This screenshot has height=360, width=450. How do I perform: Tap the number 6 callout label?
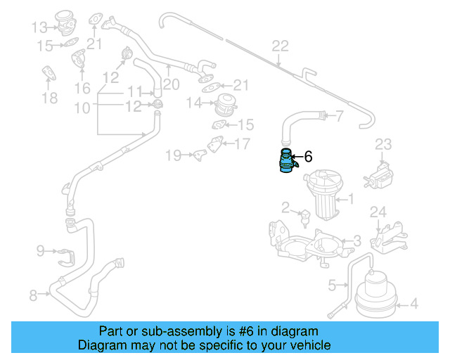(307, 158)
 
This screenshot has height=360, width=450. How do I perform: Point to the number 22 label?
(280, 46)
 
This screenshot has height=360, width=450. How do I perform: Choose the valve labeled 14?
(226, 104)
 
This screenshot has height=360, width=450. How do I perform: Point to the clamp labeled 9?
(63, 254)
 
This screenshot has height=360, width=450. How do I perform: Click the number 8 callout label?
(33, 296)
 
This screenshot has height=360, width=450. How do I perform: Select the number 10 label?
(82, 108)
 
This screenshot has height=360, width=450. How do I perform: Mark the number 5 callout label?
(333, 285)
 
